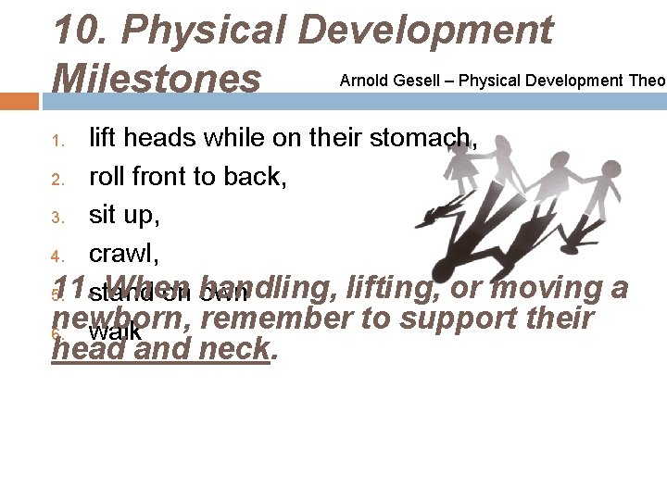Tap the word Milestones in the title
[x=157, y=78]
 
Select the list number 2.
[x=57, y=179]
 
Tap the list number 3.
[x=57, y=219]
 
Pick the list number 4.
[x=57, y=256]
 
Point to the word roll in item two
[x=107, y=177]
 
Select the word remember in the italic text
[x=285, y=319]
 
